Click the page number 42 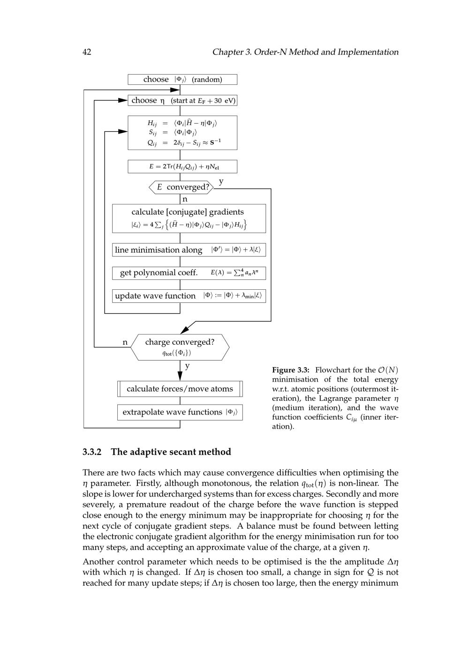click(x=87, y=52)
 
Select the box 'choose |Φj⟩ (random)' click(x=182, y=80)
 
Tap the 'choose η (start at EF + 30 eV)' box click(x=182, y=100)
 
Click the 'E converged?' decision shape click(x=182, y=187)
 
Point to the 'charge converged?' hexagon click(x=180, y=347)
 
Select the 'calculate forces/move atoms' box click(x=180, y=389)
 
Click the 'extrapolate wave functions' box click(x=180, y=412)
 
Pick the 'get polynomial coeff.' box click(x=189, y=273)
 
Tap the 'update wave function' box click(x=189, y=296)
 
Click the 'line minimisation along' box click(x=189, y=250)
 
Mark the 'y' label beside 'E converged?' click(x=221, y=181)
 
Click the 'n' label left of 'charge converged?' click(x=125, y=342)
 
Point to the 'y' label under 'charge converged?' click(x=187, y=366)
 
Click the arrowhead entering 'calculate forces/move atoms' click(x=180, y=377)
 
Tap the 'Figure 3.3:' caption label click(x=290, y=370)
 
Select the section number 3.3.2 click(x=92, y=452)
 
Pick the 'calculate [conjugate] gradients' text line click(x=188, y=212)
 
